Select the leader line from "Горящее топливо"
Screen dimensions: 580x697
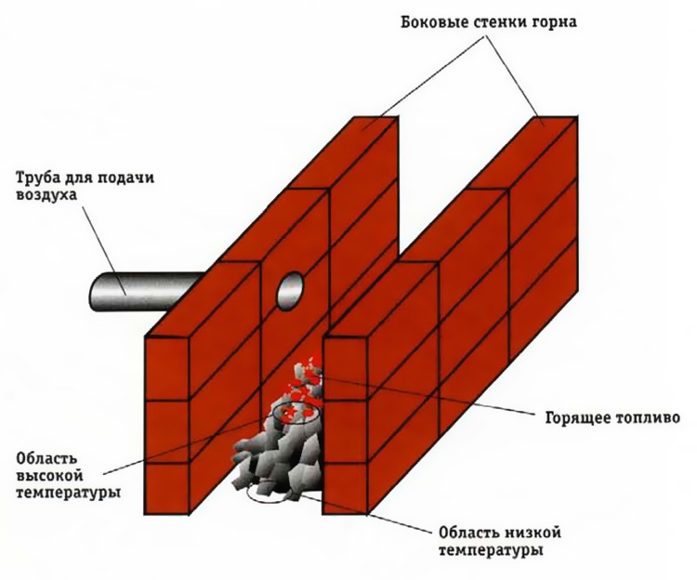coord(427,397)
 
